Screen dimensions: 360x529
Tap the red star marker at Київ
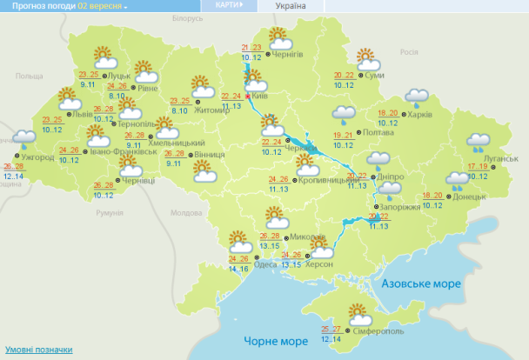point(248,97)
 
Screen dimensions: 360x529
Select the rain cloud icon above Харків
point(416,97)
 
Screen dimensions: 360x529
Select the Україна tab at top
point(290,6)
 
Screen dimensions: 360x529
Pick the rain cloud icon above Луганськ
point(478,142)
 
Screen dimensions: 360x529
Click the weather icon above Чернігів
point(279,37)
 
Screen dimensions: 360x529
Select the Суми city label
point(376,76)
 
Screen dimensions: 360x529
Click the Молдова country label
point(186,212)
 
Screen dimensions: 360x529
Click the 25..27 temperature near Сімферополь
point(331,328)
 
